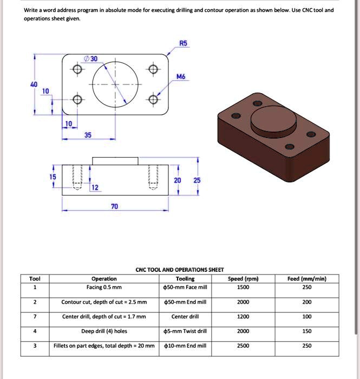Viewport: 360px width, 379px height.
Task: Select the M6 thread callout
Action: pyautogui.click(x=181, y=77)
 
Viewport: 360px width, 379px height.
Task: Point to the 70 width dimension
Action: pyautogui.click(x=114, y=206)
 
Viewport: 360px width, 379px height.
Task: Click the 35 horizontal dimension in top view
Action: pyautogui.click(x=87, y=135)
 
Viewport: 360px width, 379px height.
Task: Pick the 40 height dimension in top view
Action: pyautogui.click(x=34, y=84)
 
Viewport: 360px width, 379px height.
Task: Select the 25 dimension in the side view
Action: pyautogui.click(x=197, y=179)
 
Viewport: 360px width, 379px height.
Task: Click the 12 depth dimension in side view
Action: pyautogui.click(x=95, y=187)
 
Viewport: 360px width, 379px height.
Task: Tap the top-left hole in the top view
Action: pyautogui.click(x=77, y=70)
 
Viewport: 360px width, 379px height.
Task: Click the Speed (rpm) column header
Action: pyautogui.click(x=243, y=279)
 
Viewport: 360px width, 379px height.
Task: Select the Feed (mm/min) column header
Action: pyautogui.click(x=307, y=279)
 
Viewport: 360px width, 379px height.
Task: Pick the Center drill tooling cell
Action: pyautogui.click(x=185, y=317)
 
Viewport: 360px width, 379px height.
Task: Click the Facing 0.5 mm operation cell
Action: pyautogui.click(x=104, y=287)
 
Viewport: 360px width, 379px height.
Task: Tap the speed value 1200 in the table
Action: pyautogui.click(x=243, y=317)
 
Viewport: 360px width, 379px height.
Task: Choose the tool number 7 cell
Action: pyautogui.click(x=35, y=317)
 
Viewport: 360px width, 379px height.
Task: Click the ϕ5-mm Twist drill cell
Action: pyautogui.click(x=185, y=331)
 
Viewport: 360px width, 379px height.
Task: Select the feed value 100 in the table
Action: pyautogui.click(x=307, y=317)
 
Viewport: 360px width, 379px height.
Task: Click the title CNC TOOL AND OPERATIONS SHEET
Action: pyautogui.click(x=179, y=269)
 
